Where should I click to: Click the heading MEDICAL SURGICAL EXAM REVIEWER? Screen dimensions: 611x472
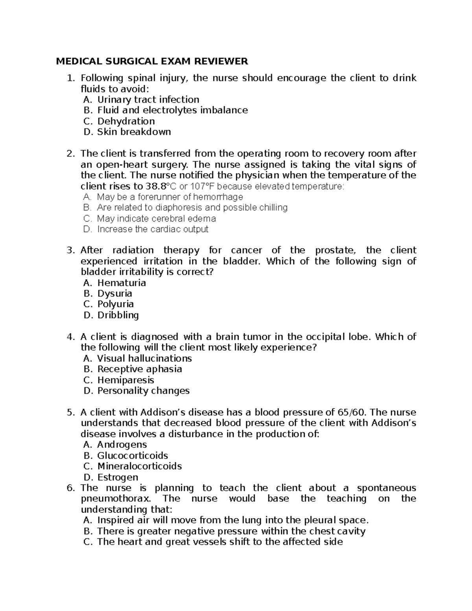click(x=152, y=61)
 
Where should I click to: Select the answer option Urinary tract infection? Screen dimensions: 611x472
click(x=148, y=100)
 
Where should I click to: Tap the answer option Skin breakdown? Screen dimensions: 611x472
click(x=134, y=132)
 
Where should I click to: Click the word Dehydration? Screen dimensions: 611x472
click(x=126, y=121)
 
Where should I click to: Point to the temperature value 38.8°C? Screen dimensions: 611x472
click(x=159, y=186)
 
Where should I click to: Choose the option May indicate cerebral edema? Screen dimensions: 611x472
click(x=156, y=218)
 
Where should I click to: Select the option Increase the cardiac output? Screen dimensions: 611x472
click(x=153, y=229)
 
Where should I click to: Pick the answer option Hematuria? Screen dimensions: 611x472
click(x=122, y=283)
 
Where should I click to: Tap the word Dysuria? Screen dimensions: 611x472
click(x=114, y=294)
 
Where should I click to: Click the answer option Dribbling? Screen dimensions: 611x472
click(x=118, y=315)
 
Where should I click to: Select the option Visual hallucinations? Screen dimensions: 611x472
click(x=144, y=358)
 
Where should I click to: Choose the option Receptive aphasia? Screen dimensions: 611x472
click(x=140, y=369)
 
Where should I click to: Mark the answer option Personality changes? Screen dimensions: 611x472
click(x=143, y=391)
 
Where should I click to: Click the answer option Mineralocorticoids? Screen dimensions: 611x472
click(x=139, y=466)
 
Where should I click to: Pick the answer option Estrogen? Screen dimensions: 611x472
click(x=118, y=477)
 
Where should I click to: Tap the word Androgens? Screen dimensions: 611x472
click(x=122, y=445)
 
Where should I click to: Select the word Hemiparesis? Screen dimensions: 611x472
click(x=125, y=380)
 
